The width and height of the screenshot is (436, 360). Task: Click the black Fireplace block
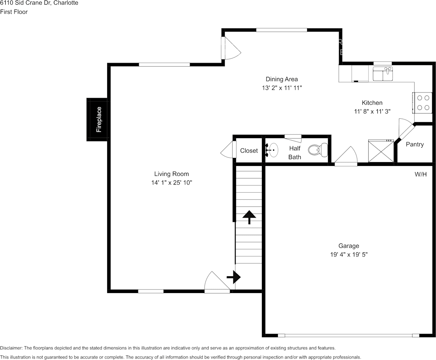[x=97, y=119]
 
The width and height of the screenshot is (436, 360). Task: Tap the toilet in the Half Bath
[x=318, y=150]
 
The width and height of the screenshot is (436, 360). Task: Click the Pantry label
[x=415, y=144]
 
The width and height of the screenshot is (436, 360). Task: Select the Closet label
[x=249, y=151]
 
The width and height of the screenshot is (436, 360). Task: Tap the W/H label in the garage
[x=420, y=174]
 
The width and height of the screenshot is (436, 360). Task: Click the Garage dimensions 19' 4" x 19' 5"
[x=349, y=255]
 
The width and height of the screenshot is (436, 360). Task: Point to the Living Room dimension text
[x=171, y=183]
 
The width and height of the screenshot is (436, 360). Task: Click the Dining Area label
[x=282, y=79]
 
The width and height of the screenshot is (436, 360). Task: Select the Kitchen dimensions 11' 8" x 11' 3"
[x=372, y=112]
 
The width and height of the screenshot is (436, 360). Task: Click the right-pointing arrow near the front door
[x=233, y=277]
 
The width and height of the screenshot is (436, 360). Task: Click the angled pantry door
[x=406, y=129]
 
